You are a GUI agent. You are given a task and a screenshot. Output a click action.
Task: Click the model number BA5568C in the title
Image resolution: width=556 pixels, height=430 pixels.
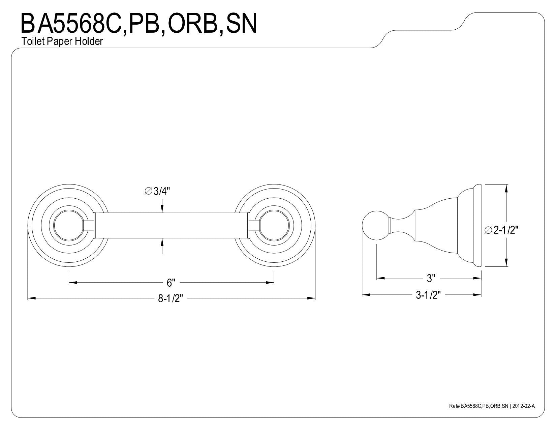click(x=71, y=24)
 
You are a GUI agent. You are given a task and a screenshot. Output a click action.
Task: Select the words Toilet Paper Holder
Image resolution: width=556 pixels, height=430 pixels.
click(x=62, y=41)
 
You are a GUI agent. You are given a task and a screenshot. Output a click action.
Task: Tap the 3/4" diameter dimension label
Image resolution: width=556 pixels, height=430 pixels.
click(x=157, y=191)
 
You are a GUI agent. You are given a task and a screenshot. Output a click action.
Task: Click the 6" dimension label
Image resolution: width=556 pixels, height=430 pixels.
click(x=171, y=283)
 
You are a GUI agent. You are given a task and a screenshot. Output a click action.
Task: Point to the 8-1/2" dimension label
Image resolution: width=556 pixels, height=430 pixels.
click(x=171, y=298)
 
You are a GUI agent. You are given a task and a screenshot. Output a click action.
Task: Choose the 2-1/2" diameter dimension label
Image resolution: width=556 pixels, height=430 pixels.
click(x=501, y=230)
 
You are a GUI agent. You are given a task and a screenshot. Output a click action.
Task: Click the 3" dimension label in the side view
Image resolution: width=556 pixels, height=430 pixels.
click(x=431, y=278)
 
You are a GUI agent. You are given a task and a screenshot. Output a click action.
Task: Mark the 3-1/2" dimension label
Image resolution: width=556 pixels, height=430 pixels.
click(x=428, y=295)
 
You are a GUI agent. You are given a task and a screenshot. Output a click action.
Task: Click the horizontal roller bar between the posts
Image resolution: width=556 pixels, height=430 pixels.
click(x=172, y=225)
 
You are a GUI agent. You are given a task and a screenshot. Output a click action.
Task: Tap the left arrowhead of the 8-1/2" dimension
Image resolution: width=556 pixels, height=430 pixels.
click(x=31, y=298)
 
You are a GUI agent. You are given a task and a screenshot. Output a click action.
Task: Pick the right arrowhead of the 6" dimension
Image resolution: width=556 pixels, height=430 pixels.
click(x=270, y=283)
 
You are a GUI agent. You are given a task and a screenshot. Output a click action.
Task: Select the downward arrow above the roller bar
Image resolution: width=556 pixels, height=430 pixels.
click(x=162, y=206)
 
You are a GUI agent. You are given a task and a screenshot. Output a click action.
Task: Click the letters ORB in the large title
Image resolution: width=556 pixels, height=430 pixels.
click(x=192, y=24)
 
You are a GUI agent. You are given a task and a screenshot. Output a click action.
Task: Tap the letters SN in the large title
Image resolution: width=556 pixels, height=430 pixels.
click(x=241, y=24)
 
